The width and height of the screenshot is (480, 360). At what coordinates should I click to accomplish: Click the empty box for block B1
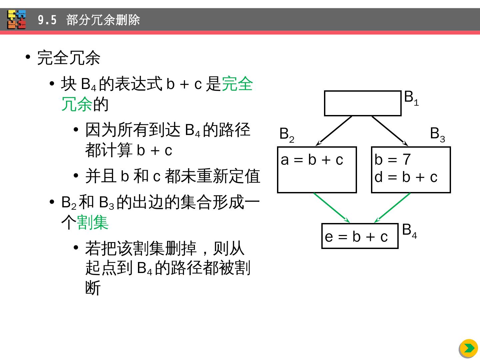coord(363,103)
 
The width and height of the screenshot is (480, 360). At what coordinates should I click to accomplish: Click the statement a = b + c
coord(312,160)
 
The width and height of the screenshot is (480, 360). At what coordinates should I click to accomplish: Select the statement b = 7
coord(392,160)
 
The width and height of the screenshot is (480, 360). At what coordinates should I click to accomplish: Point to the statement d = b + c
coord(406,177)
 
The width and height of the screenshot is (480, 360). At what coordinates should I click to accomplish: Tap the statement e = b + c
coord(356,237)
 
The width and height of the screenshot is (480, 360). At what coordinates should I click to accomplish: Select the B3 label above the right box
coord(437,134)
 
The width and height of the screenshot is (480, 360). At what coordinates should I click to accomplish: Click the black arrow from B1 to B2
coord(334,131)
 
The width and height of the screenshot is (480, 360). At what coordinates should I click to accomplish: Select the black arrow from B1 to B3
coord(390,131)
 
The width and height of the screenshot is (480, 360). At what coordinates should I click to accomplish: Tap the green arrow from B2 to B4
coord(331,208)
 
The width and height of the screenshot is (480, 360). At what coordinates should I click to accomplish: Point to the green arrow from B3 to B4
coord(392,208)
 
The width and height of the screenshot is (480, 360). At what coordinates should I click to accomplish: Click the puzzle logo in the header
coord(17,20)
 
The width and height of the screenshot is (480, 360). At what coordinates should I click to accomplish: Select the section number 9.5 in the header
coord(47,20)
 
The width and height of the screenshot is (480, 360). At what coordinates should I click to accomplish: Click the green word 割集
coord(93,222)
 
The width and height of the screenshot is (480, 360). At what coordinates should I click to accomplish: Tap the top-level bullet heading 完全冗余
coord(69,58)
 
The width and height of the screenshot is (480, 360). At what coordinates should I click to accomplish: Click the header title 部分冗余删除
coord(103,20)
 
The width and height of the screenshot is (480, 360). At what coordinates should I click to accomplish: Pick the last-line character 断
coord(93,288)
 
